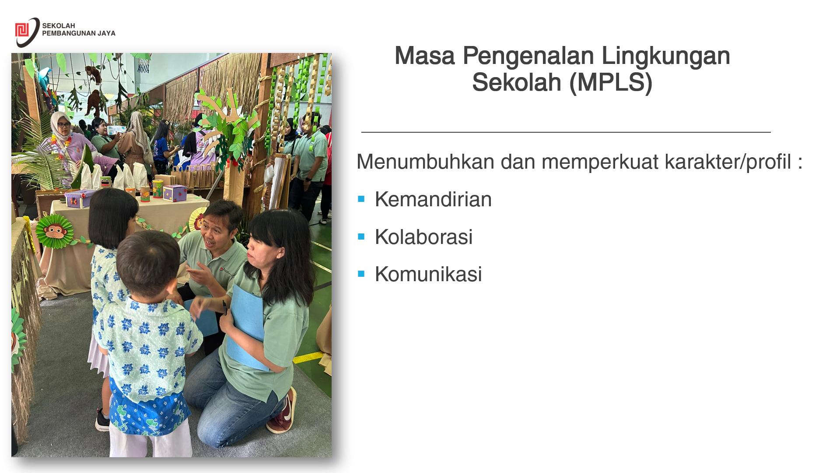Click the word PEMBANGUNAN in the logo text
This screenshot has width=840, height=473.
point(69,33)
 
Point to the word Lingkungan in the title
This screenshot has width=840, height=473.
point(666,56)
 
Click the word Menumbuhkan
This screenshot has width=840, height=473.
point(425,162)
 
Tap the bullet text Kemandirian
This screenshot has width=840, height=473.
point(433,200)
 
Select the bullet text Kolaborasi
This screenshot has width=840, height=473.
point(423,237)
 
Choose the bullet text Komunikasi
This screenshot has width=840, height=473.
point(428,274)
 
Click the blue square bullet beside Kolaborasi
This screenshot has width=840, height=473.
point(361,237)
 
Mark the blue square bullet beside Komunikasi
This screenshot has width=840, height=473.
point(361,274)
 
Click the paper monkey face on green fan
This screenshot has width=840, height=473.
point(55,231)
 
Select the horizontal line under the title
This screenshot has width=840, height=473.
point(566,132)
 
